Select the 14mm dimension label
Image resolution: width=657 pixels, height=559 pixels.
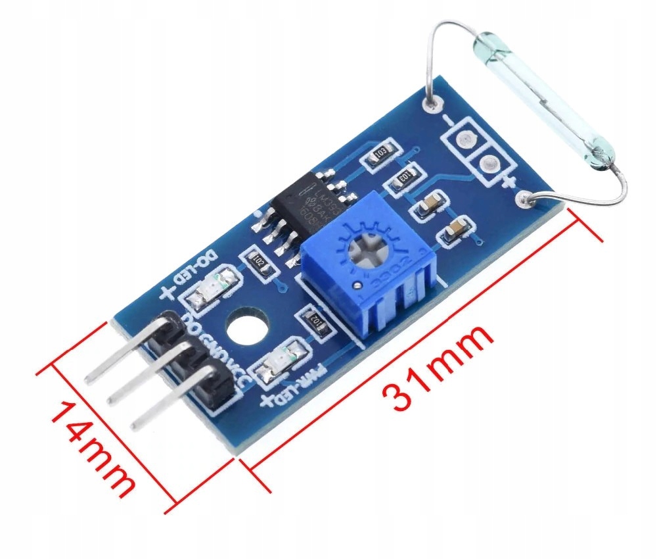[93, 448]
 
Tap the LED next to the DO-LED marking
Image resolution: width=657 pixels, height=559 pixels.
[210, 290]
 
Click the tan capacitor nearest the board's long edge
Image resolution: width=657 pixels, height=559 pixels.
[455, 231]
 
